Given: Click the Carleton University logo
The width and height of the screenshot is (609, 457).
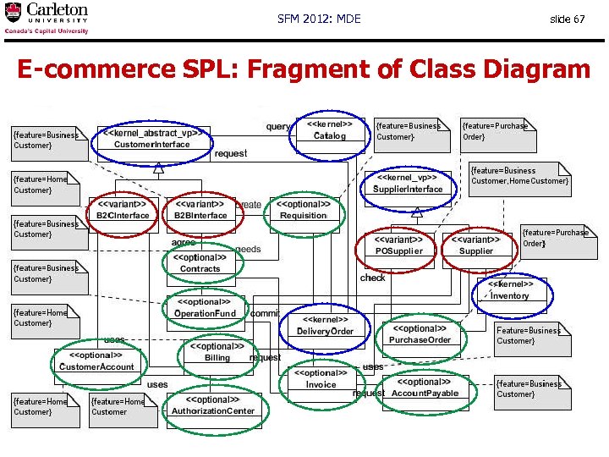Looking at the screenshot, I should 47,18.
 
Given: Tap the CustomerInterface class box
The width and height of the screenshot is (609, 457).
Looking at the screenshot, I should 151,139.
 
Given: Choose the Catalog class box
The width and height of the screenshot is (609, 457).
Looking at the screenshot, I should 329,130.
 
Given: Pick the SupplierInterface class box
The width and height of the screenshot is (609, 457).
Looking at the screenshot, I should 408,184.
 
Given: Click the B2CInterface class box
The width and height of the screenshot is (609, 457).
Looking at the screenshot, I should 122,210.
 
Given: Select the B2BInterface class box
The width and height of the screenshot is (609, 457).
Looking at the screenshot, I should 200,210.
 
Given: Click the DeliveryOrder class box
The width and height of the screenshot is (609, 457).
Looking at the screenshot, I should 324,326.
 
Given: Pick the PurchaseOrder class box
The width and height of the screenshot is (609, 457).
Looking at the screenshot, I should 420,334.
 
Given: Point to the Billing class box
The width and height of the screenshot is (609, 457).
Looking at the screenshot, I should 217,353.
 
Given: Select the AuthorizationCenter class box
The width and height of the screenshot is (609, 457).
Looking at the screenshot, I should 213,405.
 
